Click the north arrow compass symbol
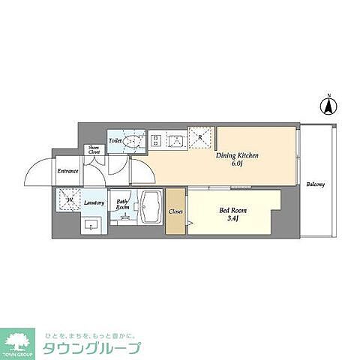(x=328, y=106)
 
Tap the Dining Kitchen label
(x=237, y=155)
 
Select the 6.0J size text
(x=238, y=164)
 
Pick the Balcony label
(x=316, y=183)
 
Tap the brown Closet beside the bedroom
(x=176, y=211)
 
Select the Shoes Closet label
(x=94, y=150)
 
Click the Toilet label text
(x=115, y=140)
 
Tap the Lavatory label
(x=94, y=202)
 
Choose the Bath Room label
(x=122, y=204)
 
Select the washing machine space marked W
(x=69, y=200)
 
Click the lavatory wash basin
(x=93, y=224)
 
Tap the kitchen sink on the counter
(x=177, y=139)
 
